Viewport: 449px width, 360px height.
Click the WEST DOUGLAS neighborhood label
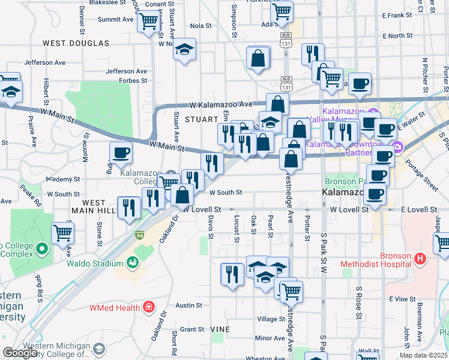point(76,43)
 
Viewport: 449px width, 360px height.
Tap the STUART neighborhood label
point(199,119)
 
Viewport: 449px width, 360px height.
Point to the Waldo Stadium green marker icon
point(131,262)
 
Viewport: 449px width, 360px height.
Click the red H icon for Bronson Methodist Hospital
point(420,259)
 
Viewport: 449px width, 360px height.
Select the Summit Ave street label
point(115,19)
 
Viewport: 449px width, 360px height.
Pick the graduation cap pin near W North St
point(185,49)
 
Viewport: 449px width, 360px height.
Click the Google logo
point(20,353)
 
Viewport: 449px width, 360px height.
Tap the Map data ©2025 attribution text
point(423,355)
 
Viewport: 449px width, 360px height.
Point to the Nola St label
point(201,26)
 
